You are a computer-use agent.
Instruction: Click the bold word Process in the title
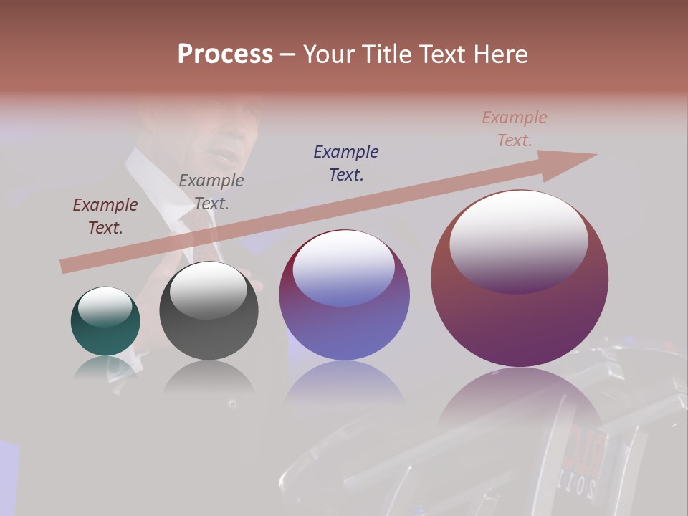pos(225,54)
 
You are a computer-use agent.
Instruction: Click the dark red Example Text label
pos(105,216)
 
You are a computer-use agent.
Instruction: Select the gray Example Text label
pos(211,192)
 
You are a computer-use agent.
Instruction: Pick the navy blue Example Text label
pos(346,163)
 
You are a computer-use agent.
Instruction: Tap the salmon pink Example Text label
pos(515,129)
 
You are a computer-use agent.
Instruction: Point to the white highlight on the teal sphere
pos(105,306)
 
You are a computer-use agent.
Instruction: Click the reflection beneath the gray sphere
pos(209,376)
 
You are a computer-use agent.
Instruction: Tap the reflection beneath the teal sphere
pos(105,367)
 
